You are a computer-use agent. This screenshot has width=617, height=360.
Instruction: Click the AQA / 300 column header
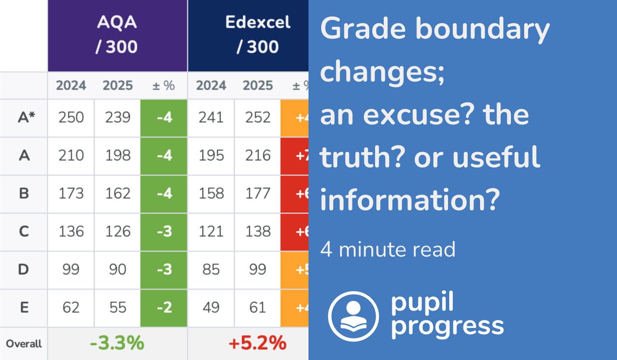pos(117,35)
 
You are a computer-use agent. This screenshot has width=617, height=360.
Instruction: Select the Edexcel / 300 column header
pos(257,35)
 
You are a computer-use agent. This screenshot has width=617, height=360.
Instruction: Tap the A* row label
pos(26,118)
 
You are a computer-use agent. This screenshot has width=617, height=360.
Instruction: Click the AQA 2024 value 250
pos(71,118)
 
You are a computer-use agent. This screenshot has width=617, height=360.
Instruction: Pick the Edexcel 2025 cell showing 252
pos(257,118)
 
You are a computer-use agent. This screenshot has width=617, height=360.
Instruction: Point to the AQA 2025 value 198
pos(118,156)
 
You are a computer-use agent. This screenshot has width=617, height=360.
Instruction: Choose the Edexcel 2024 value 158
pos(211,193)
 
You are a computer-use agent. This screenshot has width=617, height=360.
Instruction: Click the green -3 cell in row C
pos(164,232)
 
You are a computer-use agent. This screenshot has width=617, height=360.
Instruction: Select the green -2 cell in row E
pos(164,308)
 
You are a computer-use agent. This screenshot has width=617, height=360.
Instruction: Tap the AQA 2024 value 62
pos(71,308)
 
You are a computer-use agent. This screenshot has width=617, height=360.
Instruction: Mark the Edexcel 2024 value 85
pos(211,269)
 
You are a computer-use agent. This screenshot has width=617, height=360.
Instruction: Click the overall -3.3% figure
pos(117,343)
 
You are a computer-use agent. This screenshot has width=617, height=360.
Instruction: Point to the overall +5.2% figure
pos(257,343)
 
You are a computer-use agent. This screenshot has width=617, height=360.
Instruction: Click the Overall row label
pos(24,344)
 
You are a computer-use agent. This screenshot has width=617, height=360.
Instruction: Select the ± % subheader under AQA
pos(164,86)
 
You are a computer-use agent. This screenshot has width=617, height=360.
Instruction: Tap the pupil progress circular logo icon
pos(353,316)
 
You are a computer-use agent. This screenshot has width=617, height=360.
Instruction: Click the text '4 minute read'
pos(388,249)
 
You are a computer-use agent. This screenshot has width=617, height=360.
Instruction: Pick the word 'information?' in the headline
pos(410,200)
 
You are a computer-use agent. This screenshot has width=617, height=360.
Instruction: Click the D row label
pos(23,269)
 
